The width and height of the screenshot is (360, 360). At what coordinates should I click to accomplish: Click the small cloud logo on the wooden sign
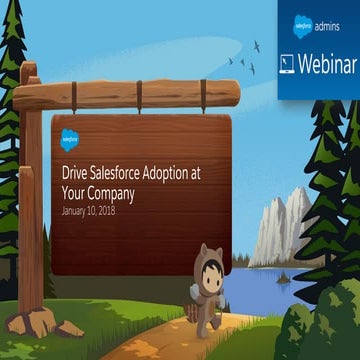click(71, 138)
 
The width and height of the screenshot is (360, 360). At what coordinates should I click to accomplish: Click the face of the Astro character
click(210, 279)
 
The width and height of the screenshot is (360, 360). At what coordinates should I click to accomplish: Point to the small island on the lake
click(283, 278)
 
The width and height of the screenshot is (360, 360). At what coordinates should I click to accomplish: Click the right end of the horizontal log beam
click(232, 93)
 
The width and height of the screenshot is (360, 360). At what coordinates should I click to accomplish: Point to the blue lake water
click(300, 285)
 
